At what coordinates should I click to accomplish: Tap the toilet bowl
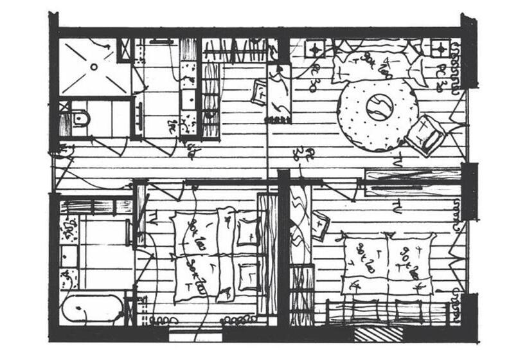click(x=80, y=118)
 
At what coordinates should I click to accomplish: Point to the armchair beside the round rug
click(x=425, y=134)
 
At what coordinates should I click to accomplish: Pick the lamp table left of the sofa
click(x=316, y=48)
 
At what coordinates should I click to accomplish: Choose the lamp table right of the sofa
click(x=440, y=48)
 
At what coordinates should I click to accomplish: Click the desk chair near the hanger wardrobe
click(x=261, y=91)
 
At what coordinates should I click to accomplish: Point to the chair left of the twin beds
click(x=319, y=225)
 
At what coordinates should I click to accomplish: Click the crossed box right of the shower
click(x=125, y=50)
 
